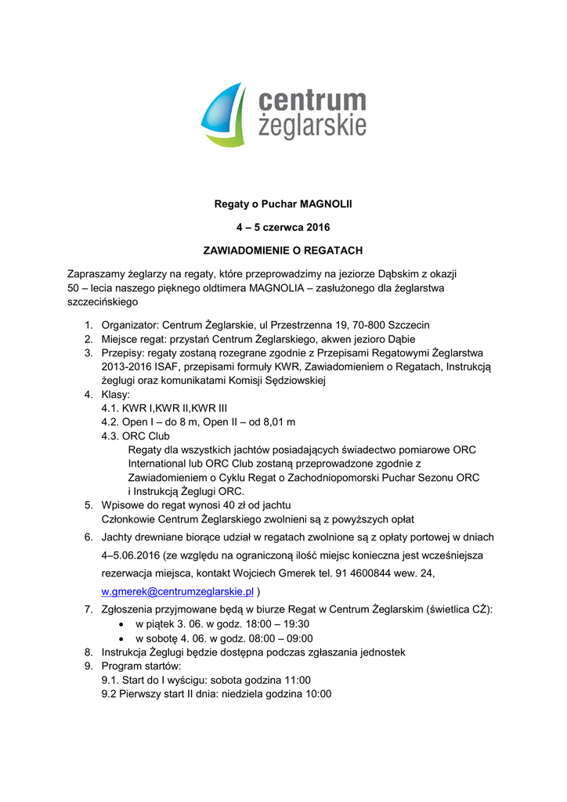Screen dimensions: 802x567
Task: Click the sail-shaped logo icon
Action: point(224,115)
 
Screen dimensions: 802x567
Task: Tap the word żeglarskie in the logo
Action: point(312,126)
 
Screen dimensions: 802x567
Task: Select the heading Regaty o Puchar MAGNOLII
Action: point(283,205)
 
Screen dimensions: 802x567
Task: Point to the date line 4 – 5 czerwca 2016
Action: point(283,228)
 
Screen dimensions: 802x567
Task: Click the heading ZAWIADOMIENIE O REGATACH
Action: point(283,251)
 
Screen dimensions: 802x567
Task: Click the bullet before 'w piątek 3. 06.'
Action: point(120,624)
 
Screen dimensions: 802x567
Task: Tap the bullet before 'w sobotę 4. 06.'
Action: point(120,638)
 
